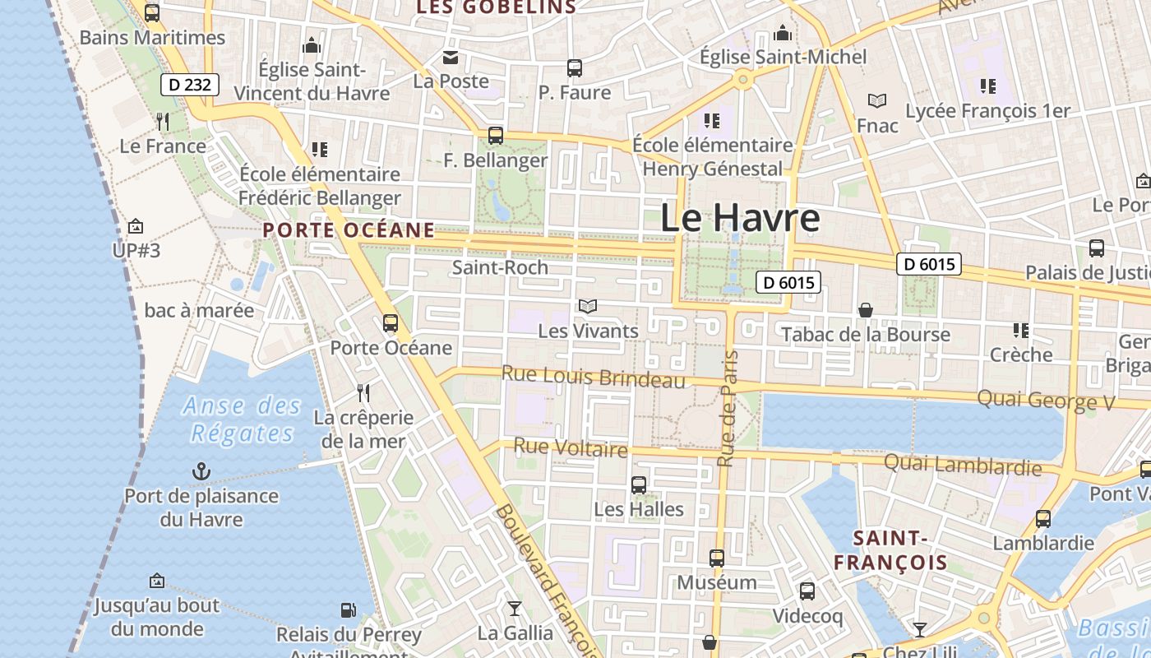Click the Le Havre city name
click(x=740, y=218)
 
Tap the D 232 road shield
click(x=190, y=84)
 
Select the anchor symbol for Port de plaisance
click(x=201, y=471)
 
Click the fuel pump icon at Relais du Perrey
click(x=349, y=610)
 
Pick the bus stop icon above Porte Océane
click(x=391, y=323)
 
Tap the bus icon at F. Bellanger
click(x=495, y=136)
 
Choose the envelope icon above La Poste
click(x=451, y=57)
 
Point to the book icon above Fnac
click(x=877, y=101)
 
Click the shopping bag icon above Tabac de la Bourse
click(x=865, y=310)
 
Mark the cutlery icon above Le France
click(x=163, y=122)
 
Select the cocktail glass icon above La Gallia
click(x=515, y=609)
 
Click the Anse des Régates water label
click(x=243, y=419)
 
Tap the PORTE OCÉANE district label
click(x=349, y=229)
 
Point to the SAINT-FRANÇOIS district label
click(x=891, y=550)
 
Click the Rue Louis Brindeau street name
click(x=593, y=377)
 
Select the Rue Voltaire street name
click(x=571, y=447)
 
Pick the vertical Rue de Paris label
click(x=728, y=409)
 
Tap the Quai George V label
click(x=1046, y=401)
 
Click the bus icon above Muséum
click(x=717, y=558)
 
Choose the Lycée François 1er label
click(x=987, y=111)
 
